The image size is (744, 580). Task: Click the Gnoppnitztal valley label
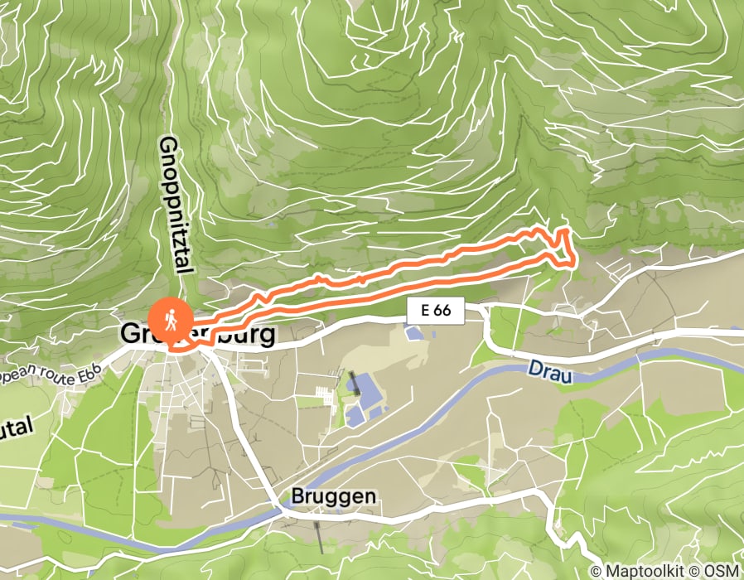pyautogui.click(x=175, y=205)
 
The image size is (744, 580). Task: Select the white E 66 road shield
pyautogui.click(x=436, y=311)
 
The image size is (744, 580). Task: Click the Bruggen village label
pyautogui.click(x=334, y=495)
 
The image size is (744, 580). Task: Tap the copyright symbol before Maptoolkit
pyautogui.click(x=596, y=571)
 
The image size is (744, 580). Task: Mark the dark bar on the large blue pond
pyautogui.click(x=355, y=383)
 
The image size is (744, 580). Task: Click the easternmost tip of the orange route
pyautogui.click(x=574, y=263)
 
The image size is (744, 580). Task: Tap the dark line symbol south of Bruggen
pyautogui.click(x=320, y=539)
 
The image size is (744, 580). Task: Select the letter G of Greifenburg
pyautogui.click(x=130, y=335)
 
